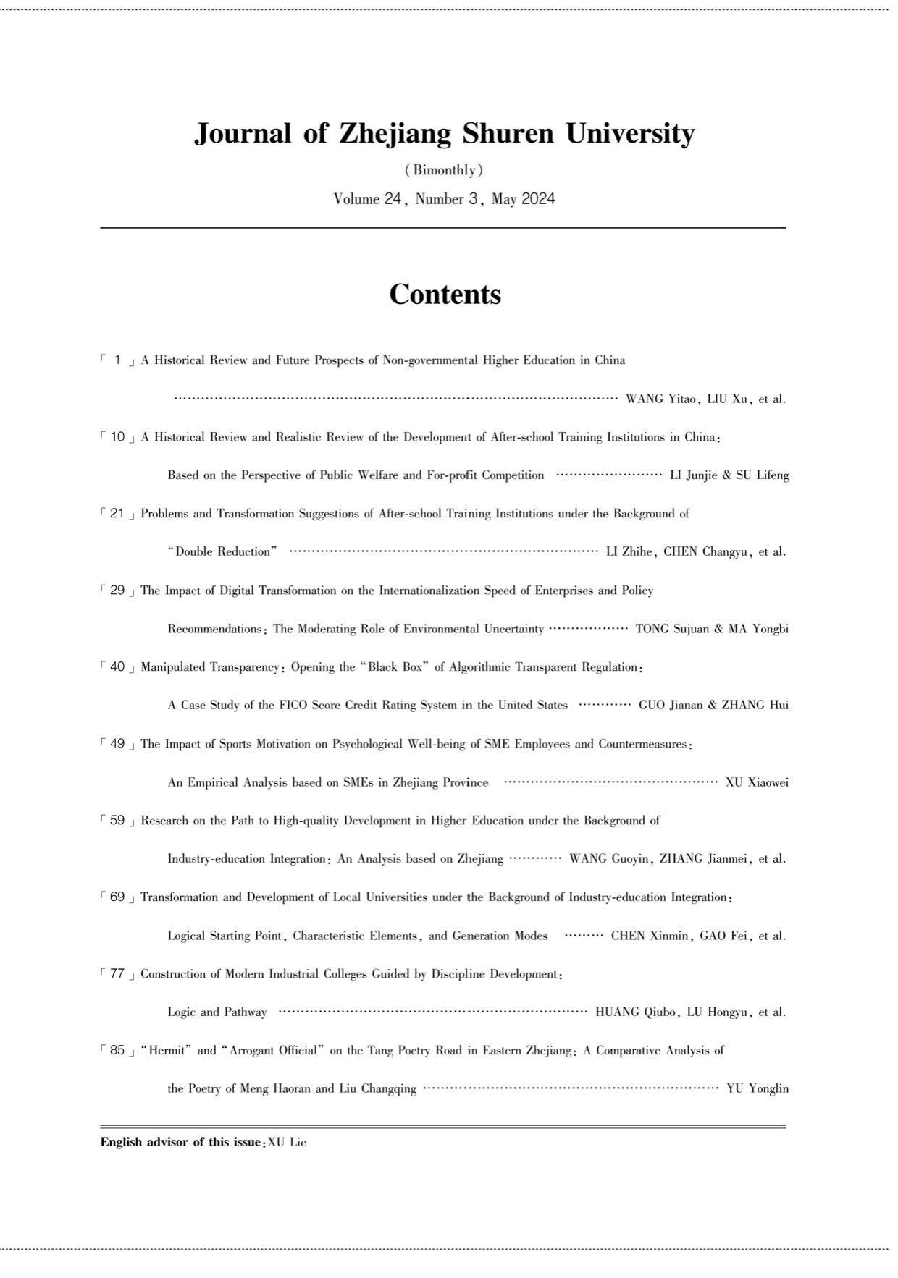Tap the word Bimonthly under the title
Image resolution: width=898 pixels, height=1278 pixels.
444,171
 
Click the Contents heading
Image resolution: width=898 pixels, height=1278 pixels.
445,295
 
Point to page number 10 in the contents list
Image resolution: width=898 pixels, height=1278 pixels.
118,437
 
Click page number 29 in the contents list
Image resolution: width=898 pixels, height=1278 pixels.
118,591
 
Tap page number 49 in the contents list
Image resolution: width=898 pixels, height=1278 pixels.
118,744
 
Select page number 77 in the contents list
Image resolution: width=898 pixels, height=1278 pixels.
118,974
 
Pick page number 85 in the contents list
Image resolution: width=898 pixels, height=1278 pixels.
118,1051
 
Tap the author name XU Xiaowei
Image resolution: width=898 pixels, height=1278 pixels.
757,782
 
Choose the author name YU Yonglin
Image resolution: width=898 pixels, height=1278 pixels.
758,1089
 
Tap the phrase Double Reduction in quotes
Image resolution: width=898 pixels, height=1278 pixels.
222,552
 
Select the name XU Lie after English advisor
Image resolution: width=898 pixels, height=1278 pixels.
288,1143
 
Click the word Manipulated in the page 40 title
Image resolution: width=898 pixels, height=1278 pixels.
173,667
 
